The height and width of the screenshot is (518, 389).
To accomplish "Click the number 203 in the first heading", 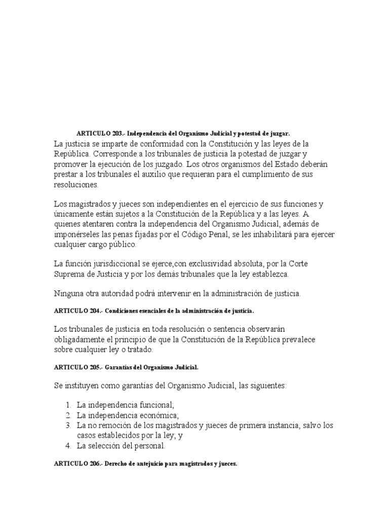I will pos(117,134).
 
